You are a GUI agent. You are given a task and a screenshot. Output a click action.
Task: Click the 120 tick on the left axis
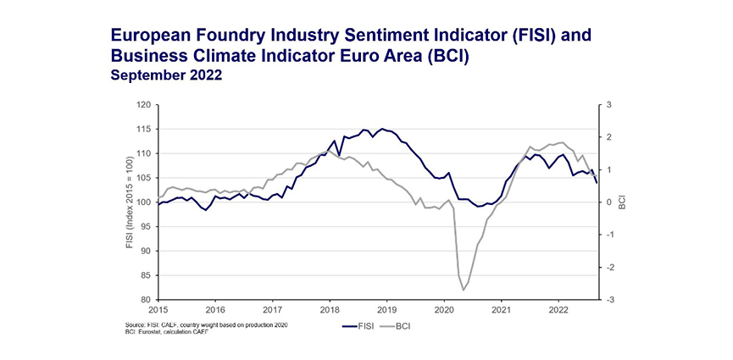click(142, 105)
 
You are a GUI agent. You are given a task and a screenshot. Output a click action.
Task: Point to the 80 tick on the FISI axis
click(145, 300)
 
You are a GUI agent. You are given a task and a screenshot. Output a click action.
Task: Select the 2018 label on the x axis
click(330, 310)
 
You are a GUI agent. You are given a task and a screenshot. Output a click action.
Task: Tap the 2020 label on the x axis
click(444, 310)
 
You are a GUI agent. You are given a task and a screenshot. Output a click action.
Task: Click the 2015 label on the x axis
click(158, 310)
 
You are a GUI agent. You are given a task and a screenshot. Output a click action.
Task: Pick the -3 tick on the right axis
click(612, 300)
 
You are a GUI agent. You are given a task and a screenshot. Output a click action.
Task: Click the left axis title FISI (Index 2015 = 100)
click(127, 202)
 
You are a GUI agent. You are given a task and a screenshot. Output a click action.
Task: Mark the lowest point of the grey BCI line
click(464, 291)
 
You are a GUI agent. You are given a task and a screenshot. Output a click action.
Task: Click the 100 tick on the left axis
click(142, 202)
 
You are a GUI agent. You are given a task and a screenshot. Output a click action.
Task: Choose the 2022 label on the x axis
click(558, 310)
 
